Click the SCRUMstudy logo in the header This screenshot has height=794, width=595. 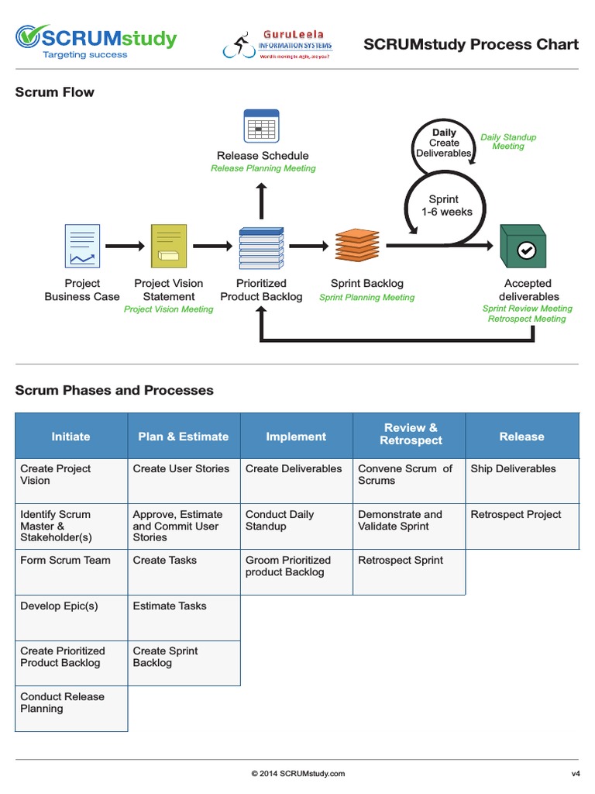pyautogui.click(x=96, y=43)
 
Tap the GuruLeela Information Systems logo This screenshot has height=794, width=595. pyautogui.click(x=278, y=45)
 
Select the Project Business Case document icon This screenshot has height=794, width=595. pyautogui.click(x=82, y=246)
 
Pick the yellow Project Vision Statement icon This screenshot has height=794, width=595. pyautogui.click(x=169, y=246)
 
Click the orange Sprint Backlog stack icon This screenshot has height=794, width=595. pyautogui.click(x=357, y=246)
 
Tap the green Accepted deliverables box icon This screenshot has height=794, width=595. pyautogui.click(x=523, y=247)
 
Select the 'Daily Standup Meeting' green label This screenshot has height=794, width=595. pyautogui.click(x=508, y=142)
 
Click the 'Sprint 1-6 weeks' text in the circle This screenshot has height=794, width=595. pyautogui.click(x=446, y=205)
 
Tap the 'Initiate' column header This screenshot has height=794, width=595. pyautogui.click(x=71, y=437)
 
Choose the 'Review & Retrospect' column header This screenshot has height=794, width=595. pyautogui.click(x=410, y=434)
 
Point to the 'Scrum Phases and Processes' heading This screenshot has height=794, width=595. pyautogui.click(x=115, y=391)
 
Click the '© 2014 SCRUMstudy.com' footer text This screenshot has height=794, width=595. pyautogui.click(x=297, y=773)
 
